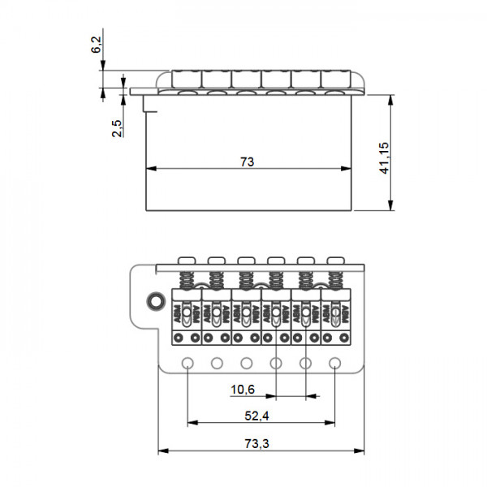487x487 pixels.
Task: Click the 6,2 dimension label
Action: point(97,45)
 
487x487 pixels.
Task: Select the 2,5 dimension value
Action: point(118,128)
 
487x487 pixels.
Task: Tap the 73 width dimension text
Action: point(248,162)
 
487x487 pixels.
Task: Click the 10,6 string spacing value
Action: point(243,390)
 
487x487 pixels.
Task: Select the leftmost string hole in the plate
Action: point(187,363)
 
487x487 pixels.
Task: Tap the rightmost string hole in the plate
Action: point(334,363)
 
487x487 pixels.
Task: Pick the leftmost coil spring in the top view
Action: point(187,278)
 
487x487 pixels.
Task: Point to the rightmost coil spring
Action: point(334,278)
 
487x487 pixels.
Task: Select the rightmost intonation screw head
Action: point(334,259)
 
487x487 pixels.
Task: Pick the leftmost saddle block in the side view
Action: point(187,79)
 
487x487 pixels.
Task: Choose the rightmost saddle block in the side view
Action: point(335,79)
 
